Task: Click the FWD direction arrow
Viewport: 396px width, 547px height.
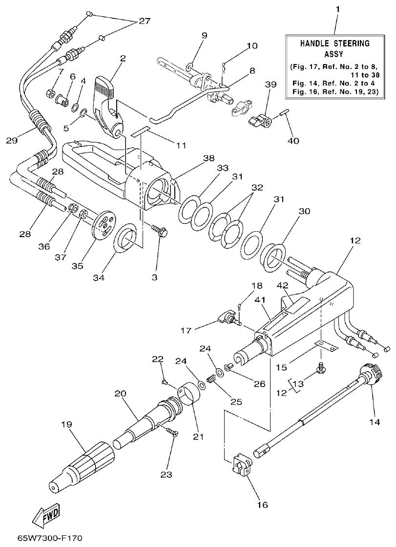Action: click(x=47, y=514)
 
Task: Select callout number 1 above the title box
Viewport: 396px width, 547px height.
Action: click(x=335, y=9)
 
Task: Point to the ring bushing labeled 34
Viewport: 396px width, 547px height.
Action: click(x=125, y=240)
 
